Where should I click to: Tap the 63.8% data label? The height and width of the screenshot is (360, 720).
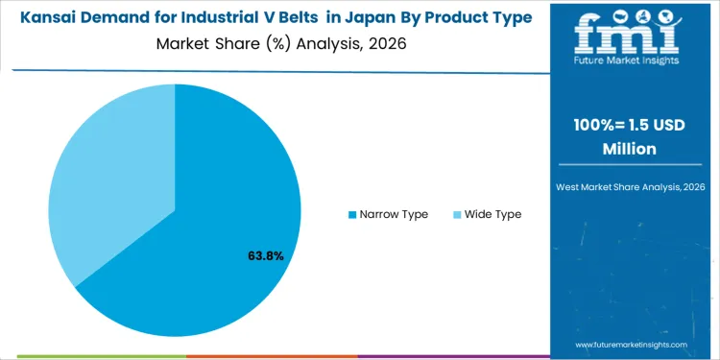[x=265, y=256]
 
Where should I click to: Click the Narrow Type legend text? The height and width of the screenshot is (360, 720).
[x=394, y=214]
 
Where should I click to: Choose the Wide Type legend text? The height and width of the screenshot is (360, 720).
[x=492, y=214]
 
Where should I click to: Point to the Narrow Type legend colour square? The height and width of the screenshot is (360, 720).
[x=352, y=214]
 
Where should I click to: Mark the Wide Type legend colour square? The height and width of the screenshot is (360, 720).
[x=457, y=214]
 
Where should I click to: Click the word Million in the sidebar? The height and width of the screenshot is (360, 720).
[x=634, y=149]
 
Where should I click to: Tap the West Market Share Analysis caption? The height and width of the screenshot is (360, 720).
[x=634, y=185]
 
